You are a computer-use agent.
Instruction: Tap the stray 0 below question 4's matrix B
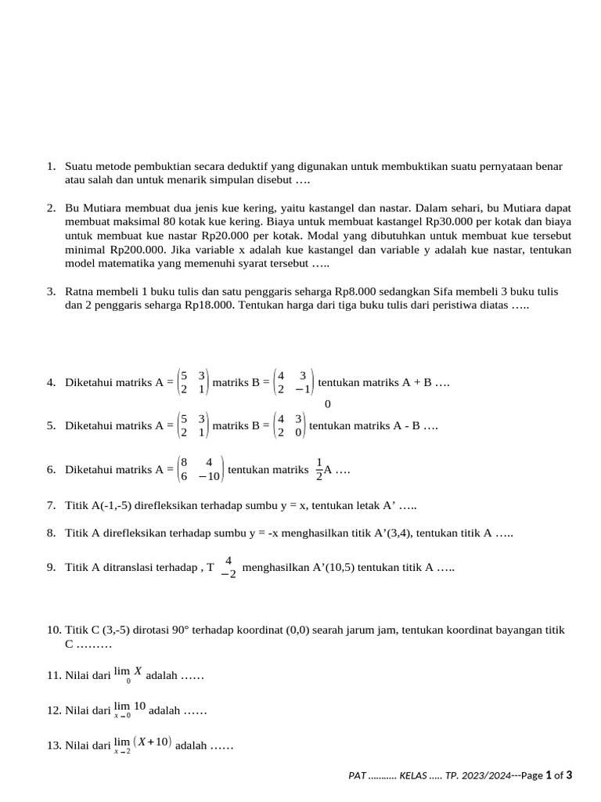327,404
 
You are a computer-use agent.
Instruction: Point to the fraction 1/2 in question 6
319,469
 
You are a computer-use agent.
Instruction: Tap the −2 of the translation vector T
228,574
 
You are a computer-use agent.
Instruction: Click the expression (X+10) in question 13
153,742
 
